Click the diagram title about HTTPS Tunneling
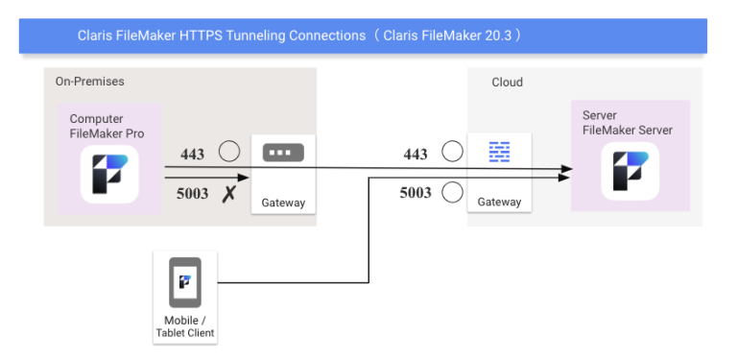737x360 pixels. click(298, 36)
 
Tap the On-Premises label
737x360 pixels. click(89, 82)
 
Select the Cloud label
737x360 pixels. click(507, 83)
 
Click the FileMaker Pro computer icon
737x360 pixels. click(108, 174)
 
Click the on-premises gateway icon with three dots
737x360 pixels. click(283, 153)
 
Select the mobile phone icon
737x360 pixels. click(184, 281)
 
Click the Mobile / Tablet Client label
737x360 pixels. click(184, 326)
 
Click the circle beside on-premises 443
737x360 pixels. click(228, 152)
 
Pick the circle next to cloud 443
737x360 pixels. click(452, 152)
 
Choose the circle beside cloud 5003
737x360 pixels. click(452, 193)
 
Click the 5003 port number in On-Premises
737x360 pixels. click(192, 193)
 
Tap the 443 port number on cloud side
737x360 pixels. click(416, 154)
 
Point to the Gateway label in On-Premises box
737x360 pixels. click(283, 203)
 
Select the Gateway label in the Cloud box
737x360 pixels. click(499, 202)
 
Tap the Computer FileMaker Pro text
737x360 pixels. click(107, 127)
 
